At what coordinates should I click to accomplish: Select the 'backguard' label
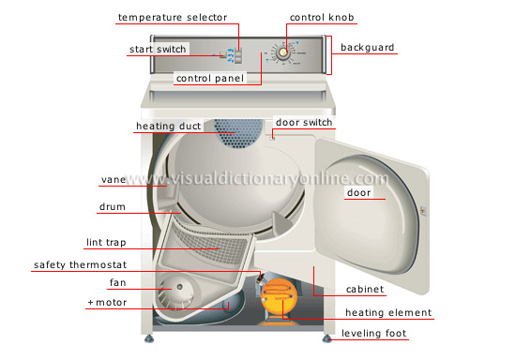coord(367,48)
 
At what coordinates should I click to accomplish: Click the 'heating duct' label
coord(169,126)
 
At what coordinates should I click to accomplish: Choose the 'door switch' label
coord(304,122)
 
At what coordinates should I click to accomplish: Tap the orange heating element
coord(277,299)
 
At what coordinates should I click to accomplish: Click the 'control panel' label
coord(210,79)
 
